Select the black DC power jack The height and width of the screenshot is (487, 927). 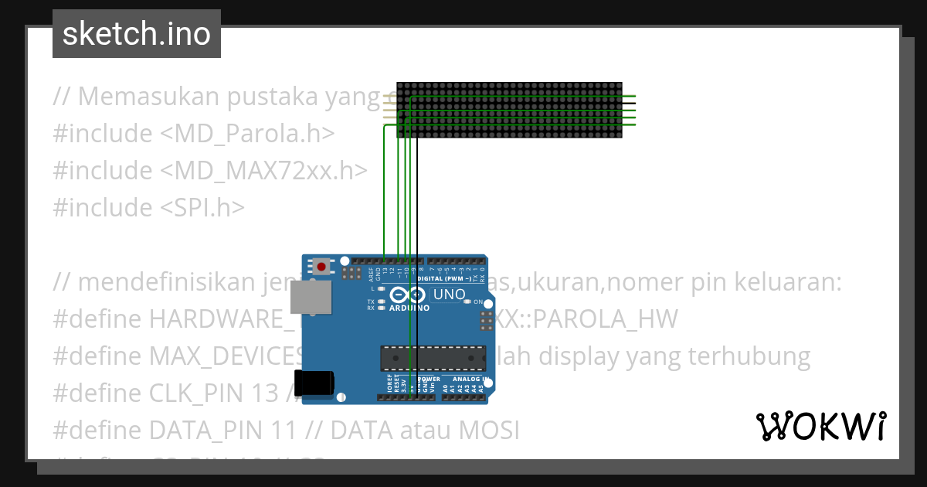point(316,383)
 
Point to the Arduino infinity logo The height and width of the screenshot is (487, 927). point(407,295)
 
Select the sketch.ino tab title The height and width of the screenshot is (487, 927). point(137,34)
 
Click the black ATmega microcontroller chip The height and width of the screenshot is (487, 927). point(433,359)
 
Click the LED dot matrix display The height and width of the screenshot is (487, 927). point(510,111)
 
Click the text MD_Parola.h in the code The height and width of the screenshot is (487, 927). point(247,134)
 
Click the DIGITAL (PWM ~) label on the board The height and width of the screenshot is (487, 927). point(446,278)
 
